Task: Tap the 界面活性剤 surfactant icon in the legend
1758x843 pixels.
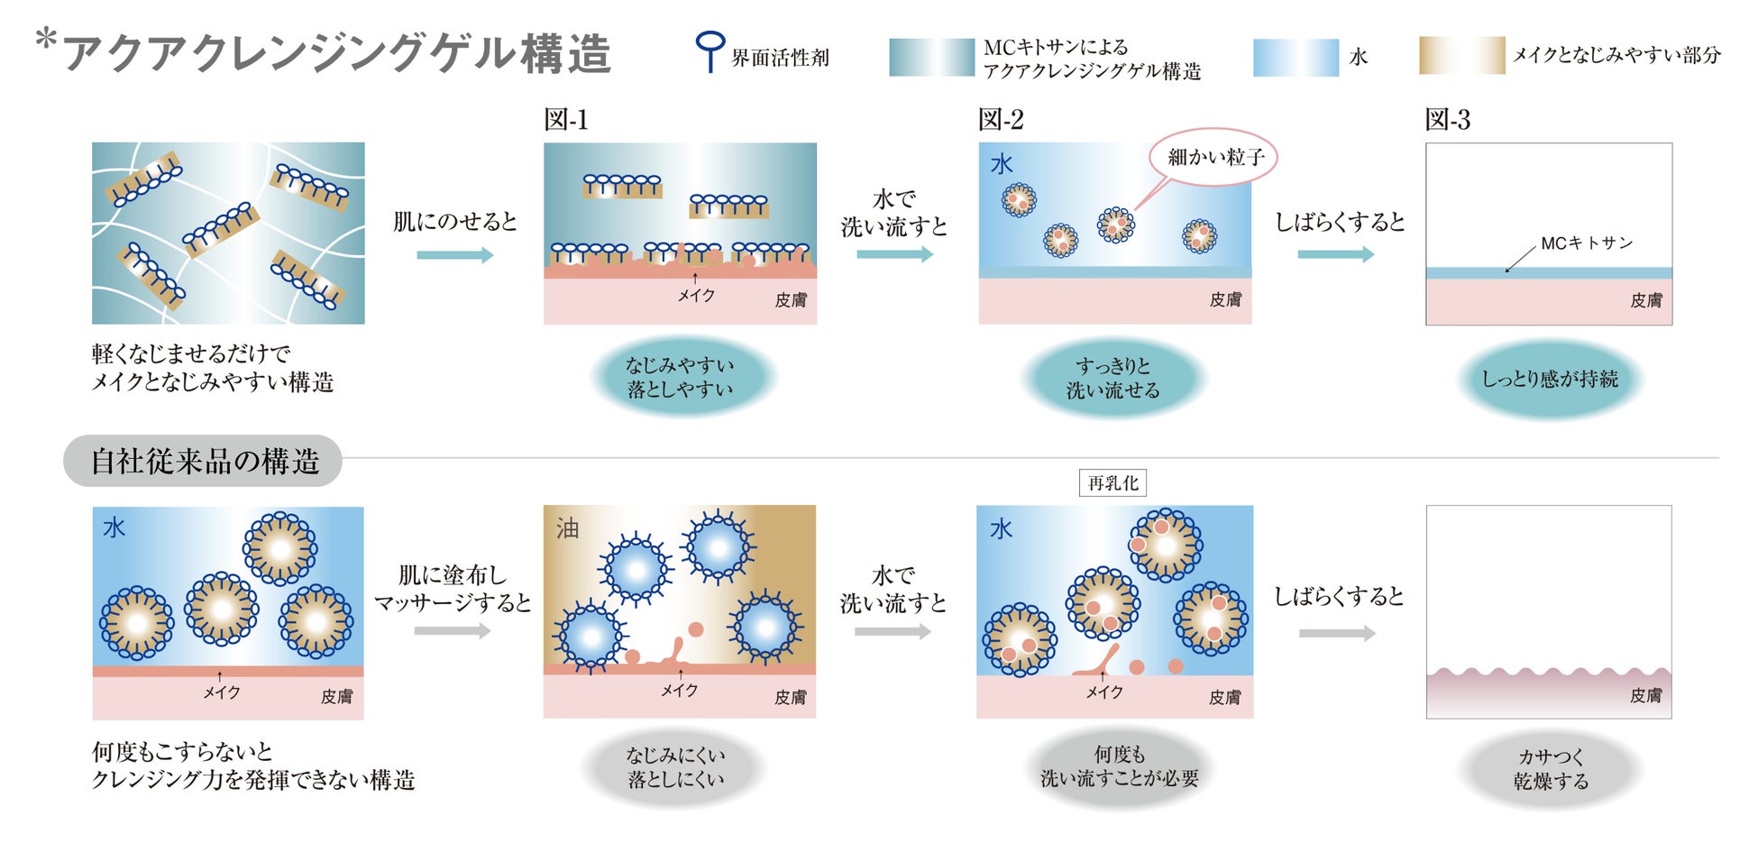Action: tap(710, 50)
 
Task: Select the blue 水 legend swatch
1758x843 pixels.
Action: tap(1296, 58)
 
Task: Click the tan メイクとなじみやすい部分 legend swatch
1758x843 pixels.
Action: tap(1461, 55)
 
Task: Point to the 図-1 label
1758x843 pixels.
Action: tap(565, 120)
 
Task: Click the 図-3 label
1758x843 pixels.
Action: tap(1447, 120)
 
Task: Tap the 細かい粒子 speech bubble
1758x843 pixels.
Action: tap(1214, 158)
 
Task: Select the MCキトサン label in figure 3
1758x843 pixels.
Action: tap(1586, 243)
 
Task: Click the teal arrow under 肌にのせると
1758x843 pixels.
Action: tap(454, 255)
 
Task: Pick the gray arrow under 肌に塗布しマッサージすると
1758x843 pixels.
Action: tap(453, 631)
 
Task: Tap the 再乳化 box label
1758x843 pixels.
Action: tap(1112, 483)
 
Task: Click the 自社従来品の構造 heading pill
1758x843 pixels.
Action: tap(204, 462)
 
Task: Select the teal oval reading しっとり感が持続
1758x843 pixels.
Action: tap(1549, 379)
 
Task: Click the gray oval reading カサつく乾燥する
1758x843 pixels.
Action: tap(1550, 769)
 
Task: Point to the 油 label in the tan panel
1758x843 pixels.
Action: tap(567, 528)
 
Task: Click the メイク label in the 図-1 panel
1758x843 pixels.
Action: tap(696, 296)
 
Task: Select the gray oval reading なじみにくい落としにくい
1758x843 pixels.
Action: tap(675, 767)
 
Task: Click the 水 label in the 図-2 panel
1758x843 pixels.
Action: tap(1002, 165)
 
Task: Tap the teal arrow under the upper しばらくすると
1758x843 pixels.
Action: tap(1335, 255)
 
